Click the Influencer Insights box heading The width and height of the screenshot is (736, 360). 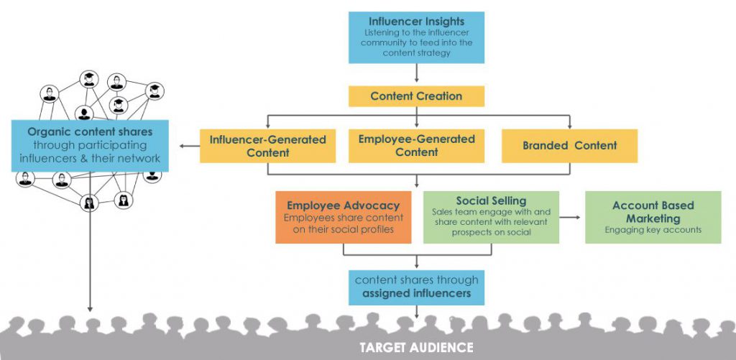[x=416, y=22]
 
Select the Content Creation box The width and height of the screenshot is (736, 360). [x=416, y=96]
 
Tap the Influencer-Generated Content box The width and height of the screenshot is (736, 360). [x=267, y=146]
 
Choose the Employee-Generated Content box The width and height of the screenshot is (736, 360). [x=416, y=146]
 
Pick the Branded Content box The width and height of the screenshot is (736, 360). [x=569, y=146]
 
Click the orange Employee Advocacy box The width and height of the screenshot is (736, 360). [x=343, y=217]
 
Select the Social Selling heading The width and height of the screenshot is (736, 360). [x=491, y=201]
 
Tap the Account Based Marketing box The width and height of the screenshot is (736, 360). [x=653, y=217]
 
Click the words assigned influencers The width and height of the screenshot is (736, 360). [x=416, y=294]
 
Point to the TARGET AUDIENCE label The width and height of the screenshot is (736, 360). [x=416, y=348]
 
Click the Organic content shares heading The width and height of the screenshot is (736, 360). [x=90, y=132]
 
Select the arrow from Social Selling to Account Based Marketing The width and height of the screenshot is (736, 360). [x=570, y=217]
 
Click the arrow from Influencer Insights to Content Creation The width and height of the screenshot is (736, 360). [x=416, y=73]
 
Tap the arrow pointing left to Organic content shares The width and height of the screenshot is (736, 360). [x=190, y=146]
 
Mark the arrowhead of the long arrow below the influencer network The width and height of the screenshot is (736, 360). [x=90, y=309]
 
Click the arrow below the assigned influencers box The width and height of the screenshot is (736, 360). [x=416, y=312]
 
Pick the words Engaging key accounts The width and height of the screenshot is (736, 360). [x=653, y=230]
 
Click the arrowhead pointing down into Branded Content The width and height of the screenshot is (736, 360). [x=570, y=126]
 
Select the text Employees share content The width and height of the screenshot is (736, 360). [x=343, y=218]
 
